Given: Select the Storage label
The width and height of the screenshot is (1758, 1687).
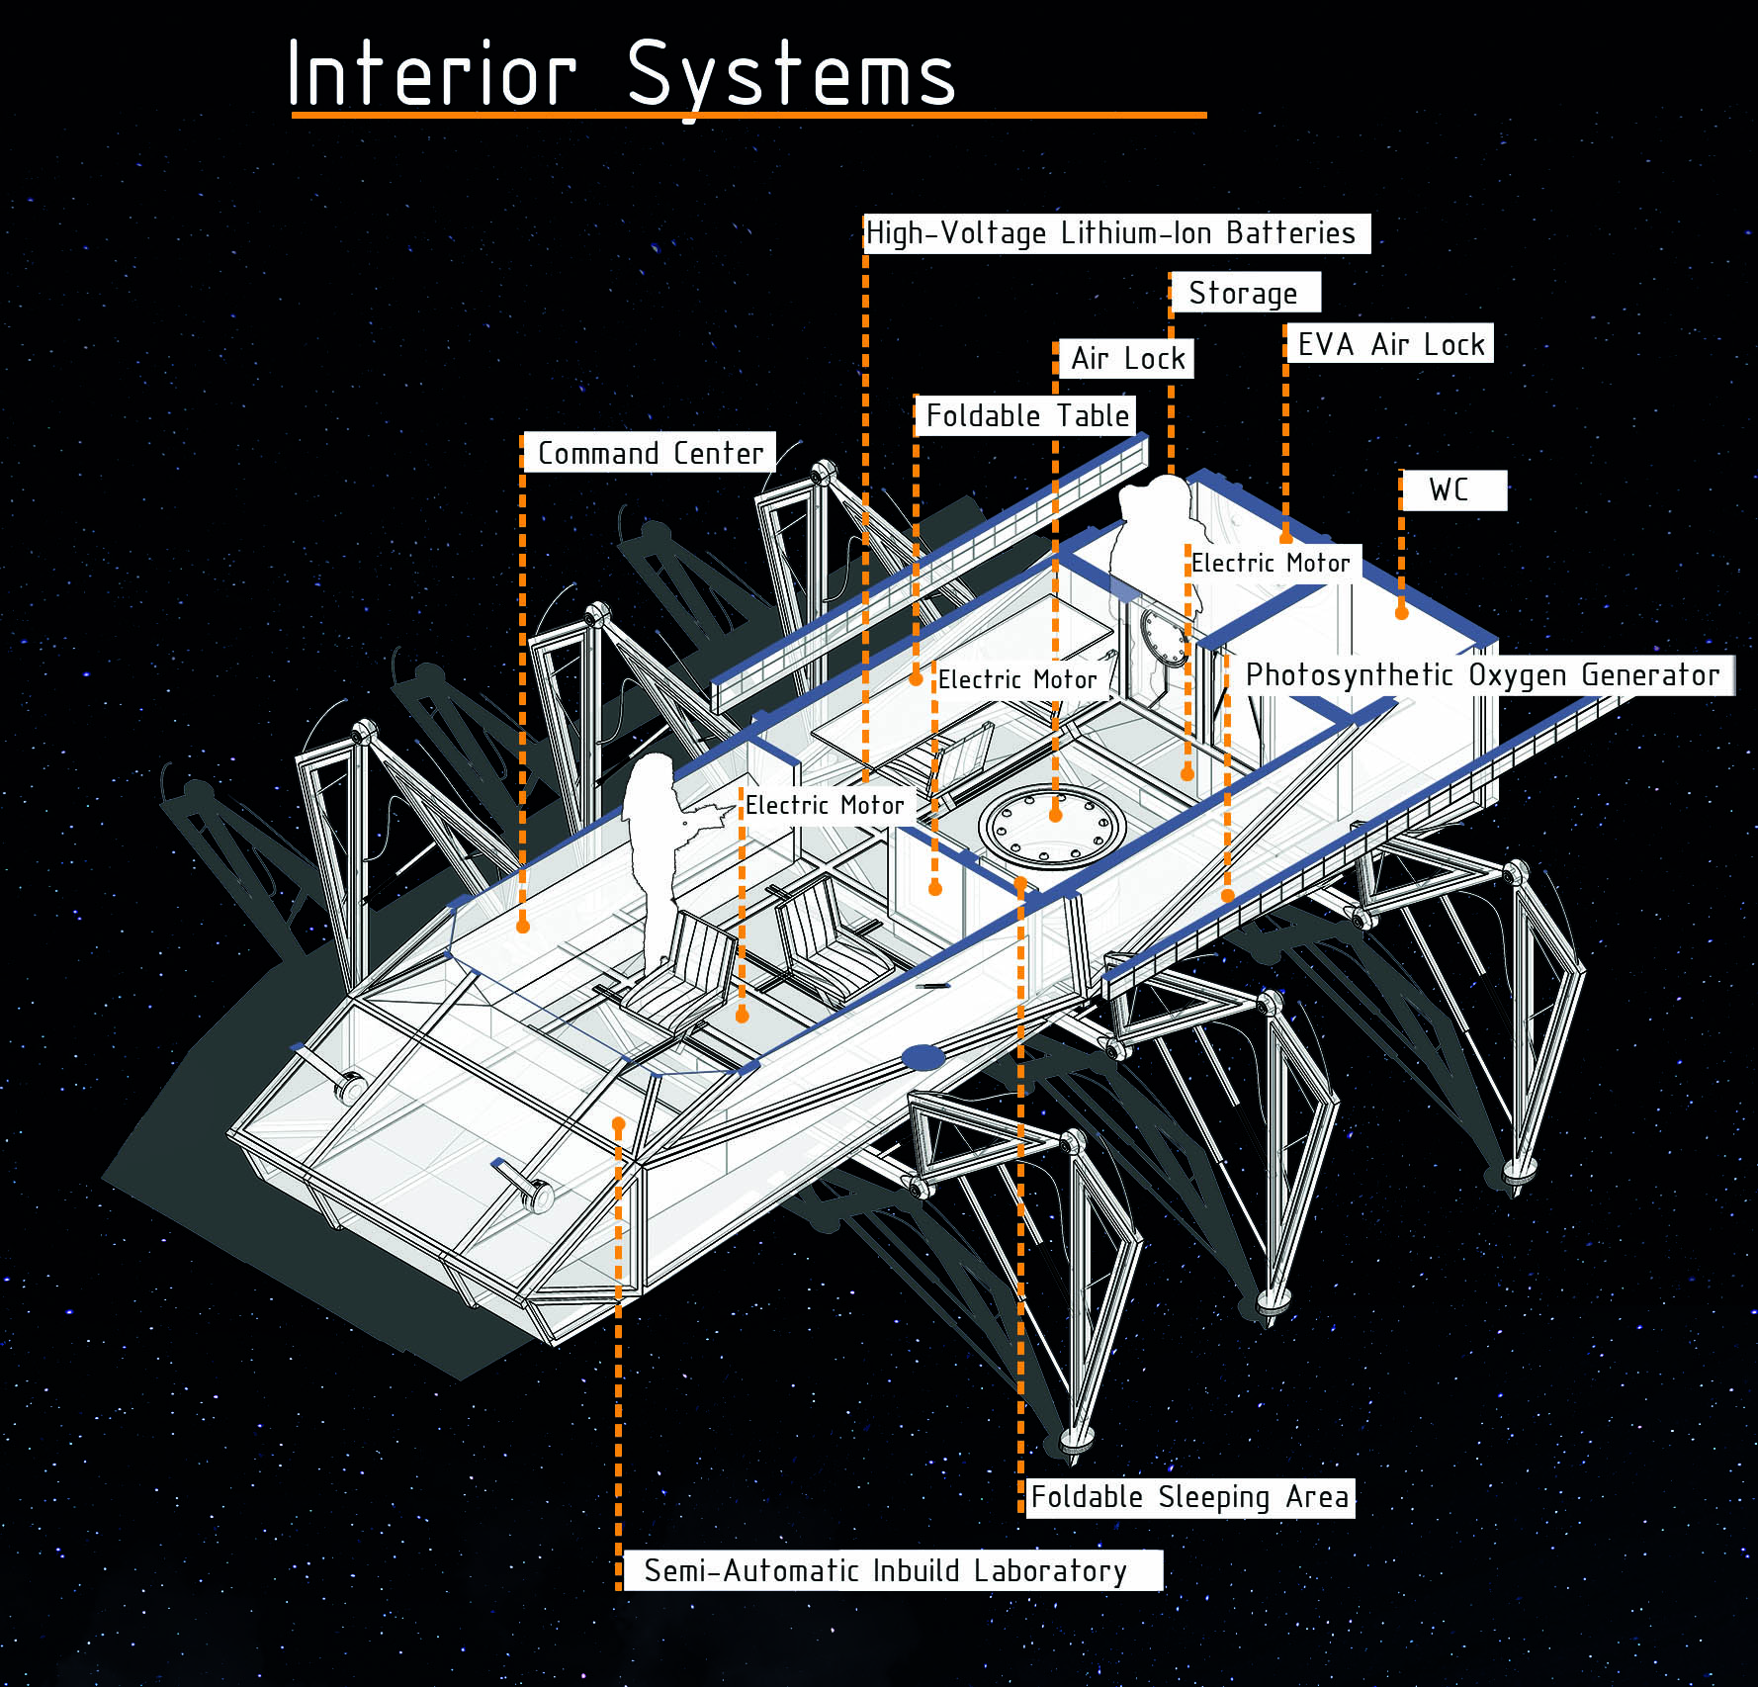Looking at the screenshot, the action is point(1244,293).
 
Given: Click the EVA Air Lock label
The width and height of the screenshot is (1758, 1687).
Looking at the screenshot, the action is point(1390,344).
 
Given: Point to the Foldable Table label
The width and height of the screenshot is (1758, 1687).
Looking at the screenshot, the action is point(1026,415).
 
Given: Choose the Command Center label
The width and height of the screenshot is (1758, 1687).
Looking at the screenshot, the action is point(650,453).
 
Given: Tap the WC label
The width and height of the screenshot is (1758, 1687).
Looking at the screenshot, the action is point(1453,489).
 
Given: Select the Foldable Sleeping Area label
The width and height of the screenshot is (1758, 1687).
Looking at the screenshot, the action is point(1188,1497).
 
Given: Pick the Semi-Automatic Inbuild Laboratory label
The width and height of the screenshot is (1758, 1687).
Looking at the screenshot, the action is point(889,1570).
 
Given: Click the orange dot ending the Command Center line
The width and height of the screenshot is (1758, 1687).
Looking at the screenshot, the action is point(523,926).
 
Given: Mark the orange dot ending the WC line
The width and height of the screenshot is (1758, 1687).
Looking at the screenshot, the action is point(1401,612).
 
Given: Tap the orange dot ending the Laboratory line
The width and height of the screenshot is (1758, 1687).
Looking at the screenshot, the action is point(618,1123).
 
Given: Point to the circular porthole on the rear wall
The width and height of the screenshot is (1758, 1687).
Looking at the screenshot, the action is point(1164,637).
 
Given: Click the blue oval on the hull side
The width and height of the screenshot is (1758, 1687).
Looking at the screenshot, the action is point(923,1058).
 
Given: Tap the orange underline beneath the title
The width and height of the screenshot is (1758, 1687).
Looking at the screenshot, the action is point(748,116).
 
